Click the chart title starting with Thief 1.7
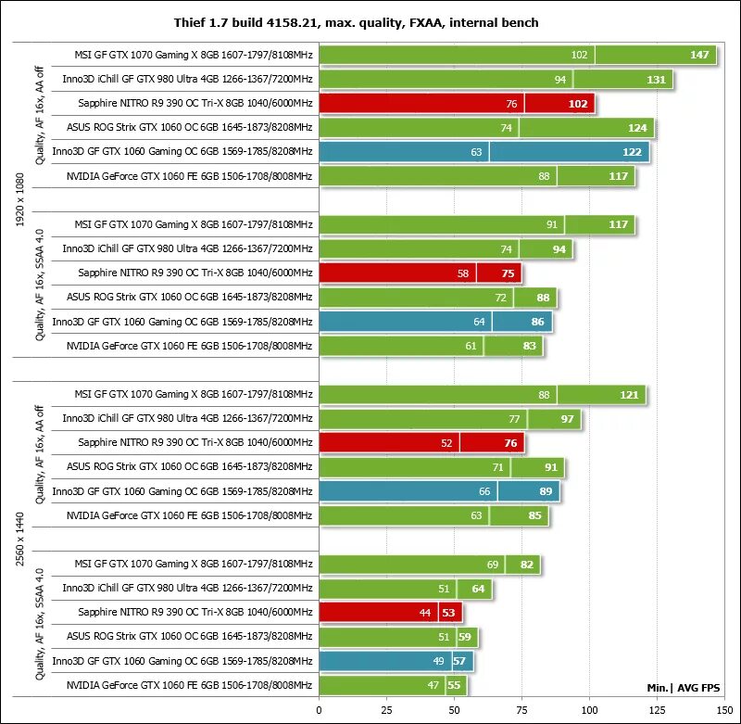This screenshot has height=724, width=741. click(x=370, y=21)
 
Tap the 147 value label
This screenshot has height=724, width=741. click(x=700, y=56)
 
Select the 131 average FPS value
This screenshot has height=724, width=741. click(x=656, y=80)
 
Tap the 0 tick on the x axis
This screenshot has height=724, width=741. click(x=320, y=710)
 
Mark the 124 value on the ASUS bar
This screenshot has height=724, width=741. click(x=637, y=128)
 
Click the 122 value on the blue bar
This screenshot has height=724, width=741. click(x=632, y=152)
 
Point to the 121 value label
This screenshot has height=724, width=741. click(x=629, y=395)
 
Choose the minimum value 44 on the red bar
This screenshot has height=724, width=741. click(x=425, y=613)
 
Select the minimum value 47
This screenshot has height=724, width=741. click(x=433, y=685)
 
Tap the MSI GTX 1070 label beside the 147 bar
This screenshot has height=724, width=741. click(x=194, y=56)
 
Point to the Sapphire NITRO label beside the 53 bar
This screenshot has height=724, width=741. click(x=195, y=613)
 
